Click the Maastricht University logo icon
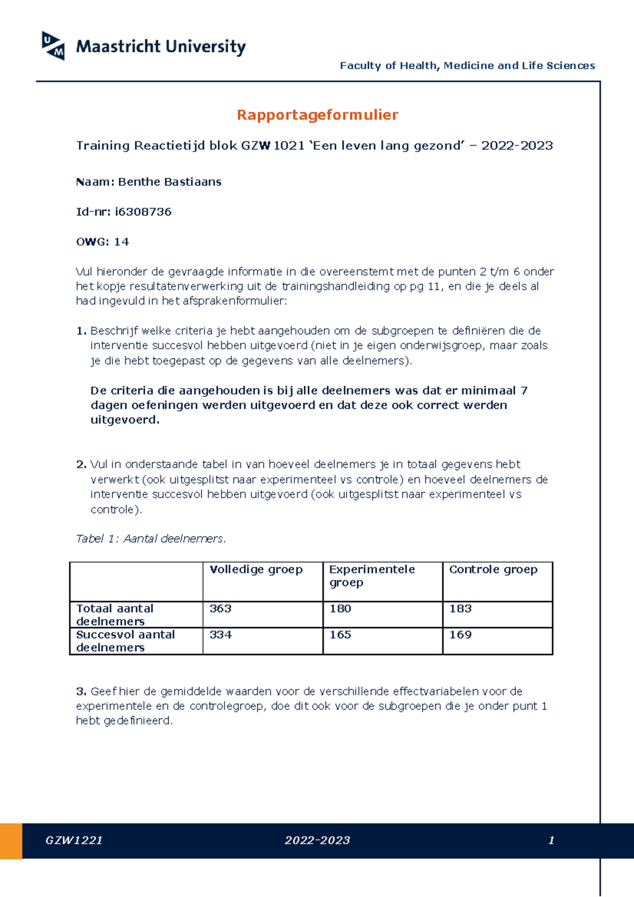pos(53,45)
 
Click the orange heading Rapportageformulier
pos(317,115)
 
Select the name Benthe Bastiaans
pos(169,182)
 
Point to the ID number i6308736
pos(143,212)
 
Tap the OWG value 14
pos(122,242)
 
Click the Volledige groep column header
pos(256,569)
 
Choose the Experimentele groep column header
pos(371,576)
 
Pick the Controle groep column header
pos(493,569)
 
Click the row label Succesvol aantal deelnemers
pos(125,641)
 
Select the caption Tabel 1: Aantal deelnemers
pos(151,539)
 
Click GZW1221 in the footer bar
pos(74,840)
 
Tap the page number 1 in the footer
pos(551,840)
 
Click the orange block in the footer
pos(11,841)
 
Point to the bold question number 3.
pos(81,692)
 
